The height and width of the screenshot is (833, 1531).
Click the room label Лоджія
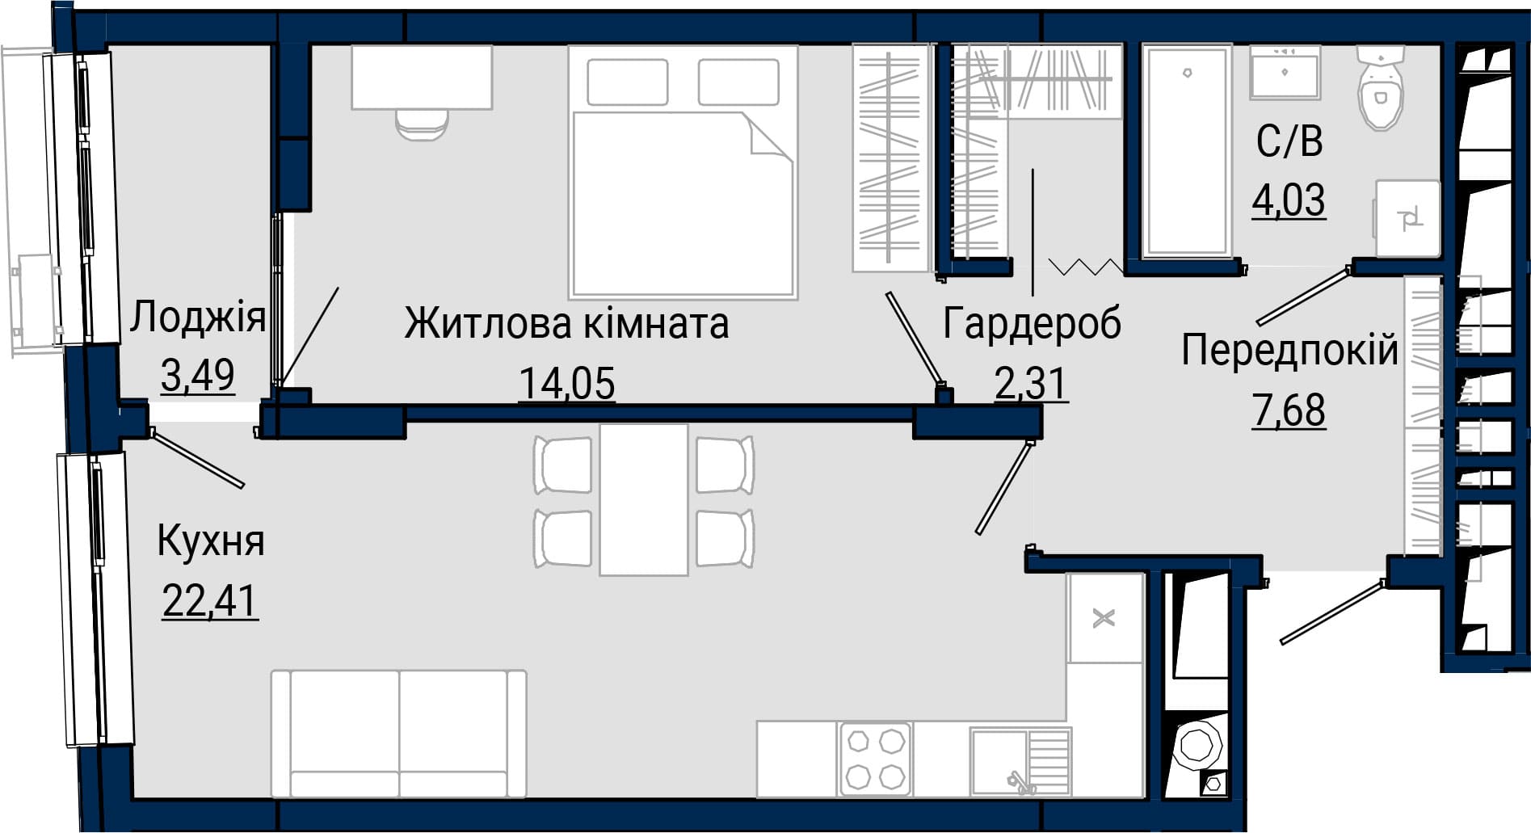198,317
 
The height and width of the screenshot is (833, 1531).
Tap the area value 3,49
198,375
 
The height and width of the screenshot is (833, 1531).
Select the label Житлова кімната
566,324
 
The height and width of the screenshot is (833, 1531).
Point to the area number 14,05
567,382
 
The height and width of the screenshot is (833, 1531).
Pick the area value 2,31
1032,383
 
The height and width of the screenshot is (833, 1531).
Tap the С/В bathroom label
1289,141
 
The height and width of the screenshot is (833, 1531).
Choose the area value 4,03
1289,200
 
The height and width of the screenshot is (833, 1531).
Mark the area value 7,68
1289,410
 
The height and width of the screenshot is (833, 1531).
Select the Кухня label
211,541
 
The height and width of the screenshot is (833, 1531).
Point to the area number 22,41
210,600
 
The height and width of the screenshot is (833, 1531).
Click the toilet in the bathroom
1381,87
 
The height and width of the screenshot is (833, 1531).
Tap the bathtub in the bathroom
1187,151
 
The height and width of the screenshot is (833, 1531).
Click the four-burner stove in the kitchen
875,759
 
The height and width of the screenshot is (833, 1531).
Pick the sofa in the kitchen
399,734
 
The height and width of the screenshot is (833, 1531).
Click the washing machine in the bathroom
1408,218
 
